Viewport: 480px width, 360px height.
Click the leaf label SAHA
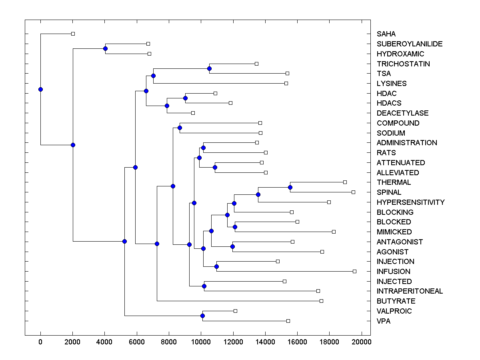[x=386, y=34]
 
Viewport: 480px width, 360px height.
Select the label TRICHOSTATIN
[x=403, y=64]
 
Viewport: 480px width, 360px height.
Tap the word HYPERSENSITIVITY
[x=410, y=202]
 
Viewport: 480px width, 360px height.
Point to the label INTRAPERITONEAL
[x=410, y=291]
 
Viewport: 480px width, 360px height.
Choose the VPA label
[x=384, y=321]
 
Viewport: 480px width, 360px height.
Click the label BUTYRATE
[x=396, y=301]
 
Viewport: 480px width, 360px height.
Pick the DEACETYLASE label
[x=402, y=113]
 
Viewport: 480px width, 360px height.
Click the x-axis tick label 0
[x=40, y=341]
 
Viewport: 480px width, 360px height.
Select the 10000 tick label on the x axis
[x=201, y=341]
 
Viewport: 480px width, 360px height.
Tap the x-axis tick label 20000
[x=362, y=341]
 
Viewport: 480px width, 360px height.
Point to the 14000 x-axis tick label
[x=265, y=341]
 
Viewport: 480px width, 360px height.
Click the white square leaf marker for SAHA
[x=73, y=34]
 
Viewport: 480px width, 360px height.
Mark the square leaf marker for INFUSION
[x=354, y=271]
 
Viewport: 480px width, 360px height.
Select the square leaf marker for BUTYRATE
[x=321, y=301]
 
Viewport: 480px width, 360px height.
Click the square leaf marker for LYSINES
[x=286, y=83]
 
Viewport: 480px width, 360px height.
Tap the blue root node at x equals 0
[x=40, y=89]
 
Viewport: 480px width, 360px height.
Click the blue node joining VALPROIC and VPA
[x=202, y=316]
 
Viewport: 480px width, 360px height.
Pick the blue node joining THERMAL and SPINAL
[x=290, y=187]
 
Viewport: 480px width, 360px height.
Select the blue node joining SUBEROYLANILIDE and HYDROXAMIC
[x=105, y=48]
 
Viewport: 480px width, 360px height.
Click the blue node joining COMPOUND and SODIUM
[x=180, y=128]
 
